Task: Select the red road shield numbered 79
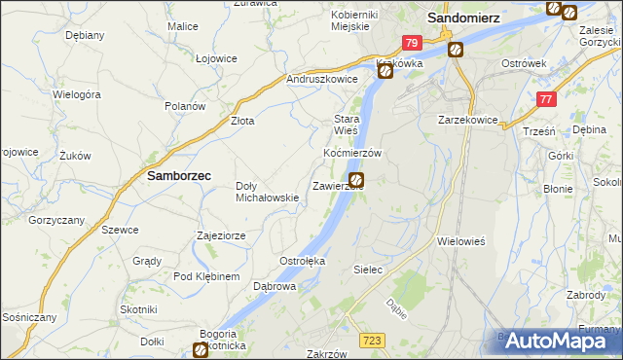412,43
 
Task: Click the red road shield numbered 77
548,98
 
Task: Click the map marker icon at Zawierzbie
357,180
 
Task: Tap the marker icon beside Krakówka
385,71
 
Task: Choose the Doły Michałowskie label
267,192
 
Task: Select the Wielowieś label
461,239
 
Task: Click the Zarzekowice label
468,120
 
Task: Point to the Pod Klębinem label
206,277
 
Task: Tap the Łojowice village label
216,58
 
